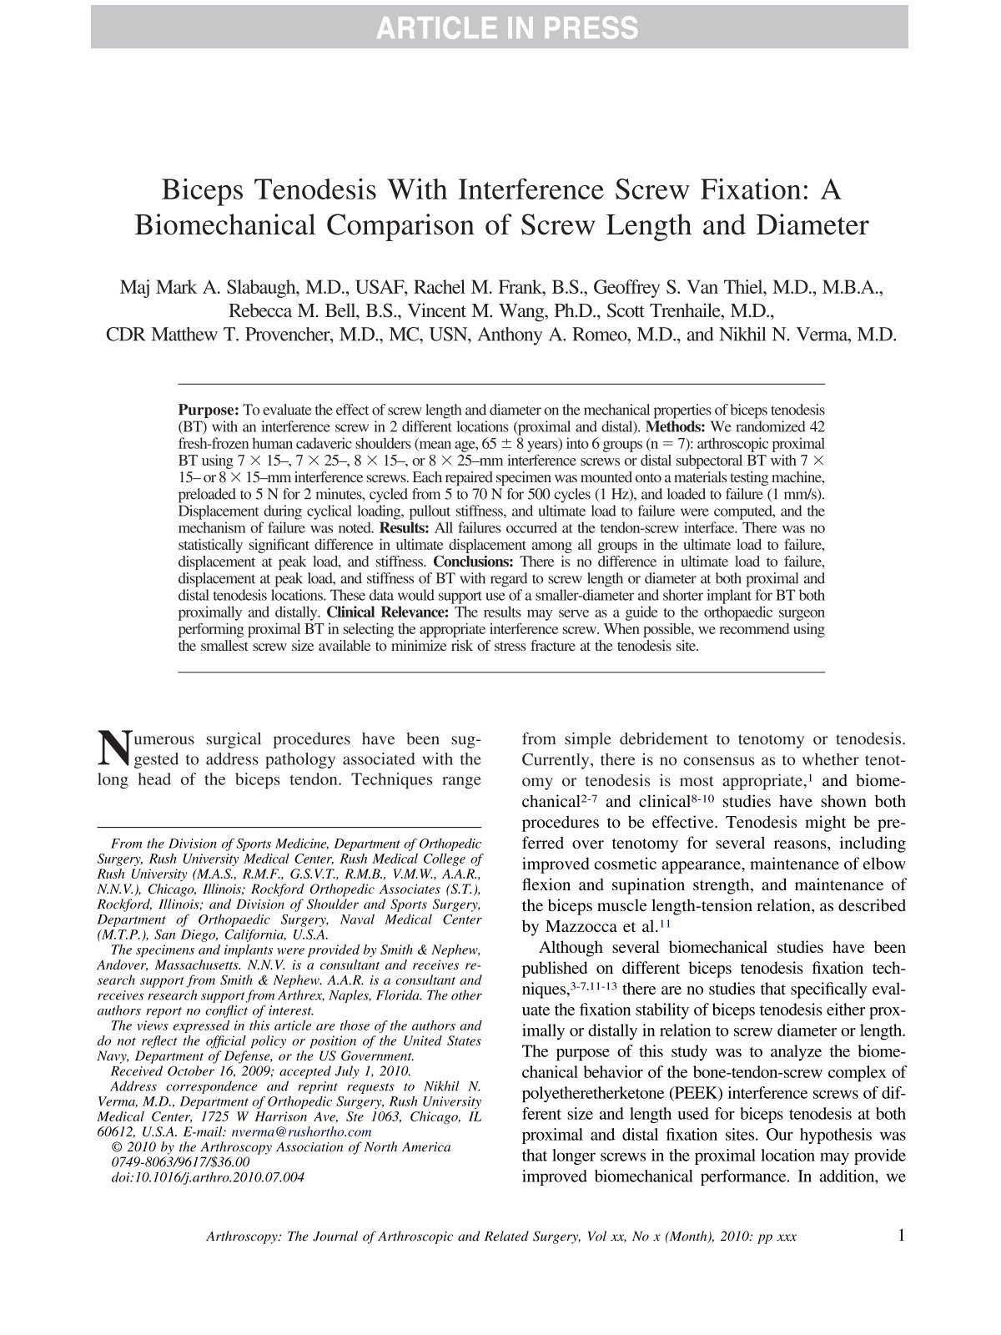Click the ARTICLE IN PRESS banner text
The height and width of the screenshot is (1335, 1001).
tap(506, 28)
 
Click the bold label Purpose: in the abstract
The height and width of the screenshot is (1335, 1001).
tap(209, 411)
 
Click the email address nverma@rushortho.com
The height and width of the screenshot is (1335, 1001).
tap(301, 1132)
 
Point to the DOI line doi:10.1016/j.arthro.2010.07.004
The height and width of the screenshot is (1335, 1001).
tap(207, 1177)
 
